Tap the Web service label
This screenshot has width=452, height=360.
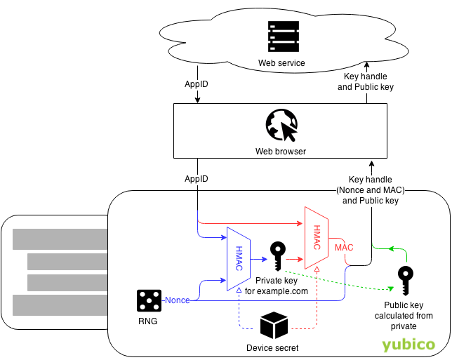281,63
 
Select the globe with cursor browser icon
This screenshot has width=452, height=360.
281,126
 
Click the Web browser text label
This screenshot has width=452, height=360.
281,151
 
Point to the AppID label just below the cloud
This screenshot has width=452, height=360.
197,84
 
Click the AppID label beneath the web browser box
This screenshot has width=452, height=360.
197,179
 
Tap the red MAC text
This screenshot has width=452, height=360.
344,248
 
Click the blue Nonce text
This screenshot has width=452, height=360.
177,300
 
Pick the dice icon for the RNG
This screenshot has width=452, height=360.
149,300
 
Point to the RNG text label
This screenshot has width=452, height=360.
147,321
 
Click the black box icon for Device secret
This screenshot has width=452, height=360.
273,326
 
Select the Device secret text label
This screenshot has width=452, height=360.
273,347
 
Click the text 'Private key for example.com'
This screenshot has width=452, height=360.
277,286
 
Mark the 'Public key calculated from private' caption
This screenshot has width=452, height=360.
408,315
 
